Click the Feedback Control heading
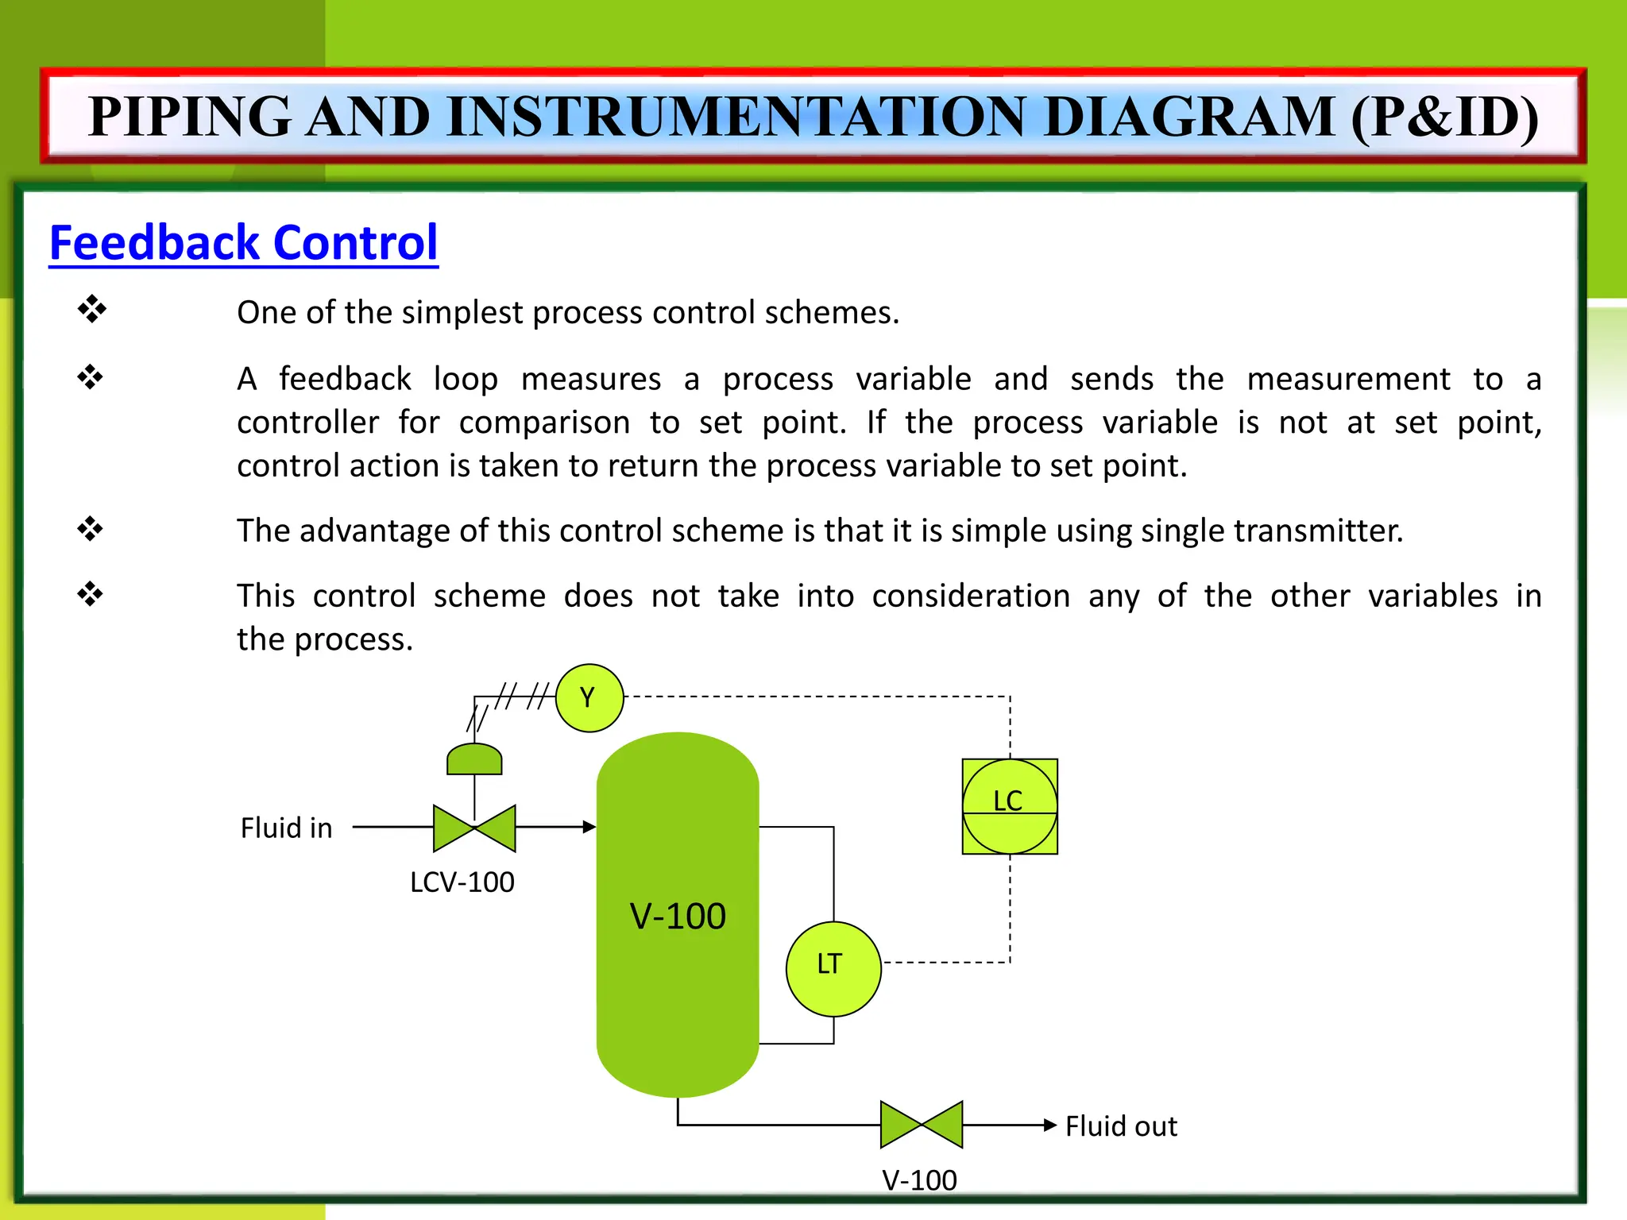[x=243, y=243]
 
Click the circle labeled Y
[x=589, y=697]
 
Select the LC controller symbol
[x=1009, y=806]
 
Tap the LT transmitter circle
[x=833, y=968]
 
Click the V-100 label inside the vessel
[x=678, y=917]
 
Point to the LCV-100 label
[x=462, y=882]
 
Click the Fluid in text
[x=286, y=828]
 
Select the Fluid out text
[x=1121, y=1126]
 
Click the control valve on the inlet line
[x=474, y=828]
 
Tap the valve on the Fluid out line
[x=921, y=1125]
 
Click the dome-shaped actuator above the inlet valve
[x=474, y=759]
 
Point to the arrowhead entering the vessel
[x=589, y=827]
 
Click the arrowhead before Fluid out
[x=1050, y=1125]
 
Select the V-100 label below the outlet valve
[x=919, y=1180]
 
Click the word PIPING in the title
[x=190, y=117]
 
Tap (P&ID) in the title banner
[x=1444, y=117]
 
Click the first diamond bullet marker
[x=91, y=309]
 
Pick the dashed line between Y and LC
[x=818, y=697]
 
